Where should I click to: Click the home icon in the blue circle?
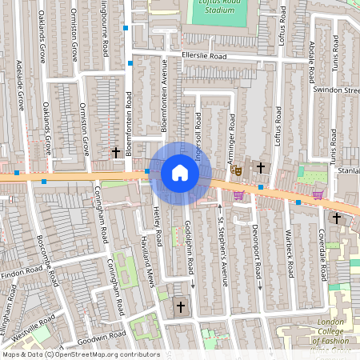click(180, 173)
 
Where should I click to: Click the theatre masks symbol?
click(236, 170)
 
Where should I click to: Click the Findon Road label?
click(23, 274)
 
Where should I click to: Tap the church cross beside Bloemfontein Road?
click(115, 151)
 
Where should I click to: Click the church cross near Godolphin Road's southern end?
click(180, 306)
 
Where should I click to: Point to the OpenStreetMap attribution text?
click(80, 354)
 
